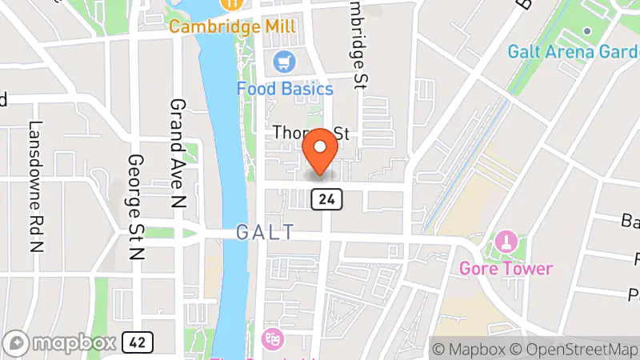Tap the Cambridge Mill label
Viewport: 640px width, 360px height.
coord(226,26)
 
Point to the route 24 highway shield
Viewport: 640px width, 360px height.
coord(334,198)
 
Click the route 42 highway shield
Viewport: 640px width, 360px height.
coord(138,342)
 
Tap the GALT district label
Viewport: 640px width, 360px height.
coord(266,232)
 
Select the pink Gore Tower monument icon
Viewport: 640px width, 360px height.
coord(506,240)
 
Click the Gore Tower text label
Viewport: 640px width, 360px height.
coord(506,268)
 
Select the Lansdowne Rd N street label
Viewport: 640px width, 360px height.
coord(35,186)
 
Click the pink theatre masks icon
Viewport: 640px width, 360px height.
coord(271,338)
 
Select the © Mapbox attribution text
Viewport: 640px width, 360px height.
coord(470,349)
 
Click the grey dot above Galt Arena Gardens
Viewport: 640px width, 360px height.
coord(587,31)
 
